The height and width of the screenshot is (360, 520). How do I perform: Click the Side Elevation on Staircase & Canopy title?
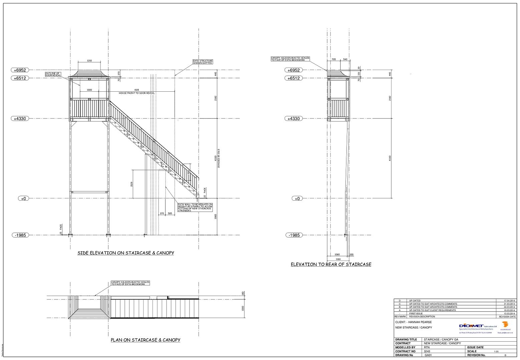tap(126, 253)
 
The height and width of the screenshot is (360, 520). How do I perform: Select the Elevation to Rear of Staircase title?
tap(331, 264)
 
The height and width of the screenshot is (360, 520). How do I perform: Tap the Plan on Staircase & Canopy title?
tap(145, 340)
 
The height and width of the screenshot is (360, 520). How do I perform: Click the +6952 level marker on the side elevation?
tap(20, 70)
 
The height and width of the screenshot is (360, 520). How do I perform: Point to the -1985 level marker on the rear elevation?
tap(294, 235)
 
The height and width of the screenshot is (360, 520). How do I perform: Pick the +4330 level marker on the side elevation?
tap(20, 118)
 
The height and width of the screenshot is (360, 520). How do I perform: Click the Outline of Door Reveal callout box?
tap(53, 74)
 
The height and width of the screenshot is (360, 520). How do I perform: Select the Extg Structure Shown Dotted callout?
tap(202, 62)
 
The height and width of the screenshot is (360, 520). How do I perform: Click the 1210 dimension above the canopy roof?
tap(89, 61)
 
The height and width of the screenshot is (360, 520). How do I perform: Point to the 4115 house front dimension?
tap(137, 90)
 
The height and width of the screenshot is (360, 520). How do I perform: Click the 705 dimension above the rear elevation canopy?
tap(334, 59)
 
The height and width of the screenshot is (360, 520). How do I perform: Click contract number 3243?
tap(427, 351)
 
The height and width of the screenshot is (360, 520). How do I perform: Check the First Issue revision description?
tap(417, 313)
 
